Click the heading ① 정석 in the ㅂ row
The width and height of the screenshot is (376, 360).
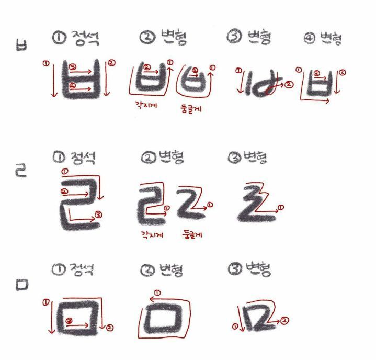tap(76, 38)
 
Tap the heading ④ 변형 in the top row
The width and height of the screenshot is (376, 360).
tap(323, 39)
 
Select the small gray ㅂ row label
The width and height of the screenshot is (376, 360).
tap(21, 45)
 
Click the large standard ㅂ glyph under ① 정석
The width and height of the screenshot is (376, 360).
tap(80, 81)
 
